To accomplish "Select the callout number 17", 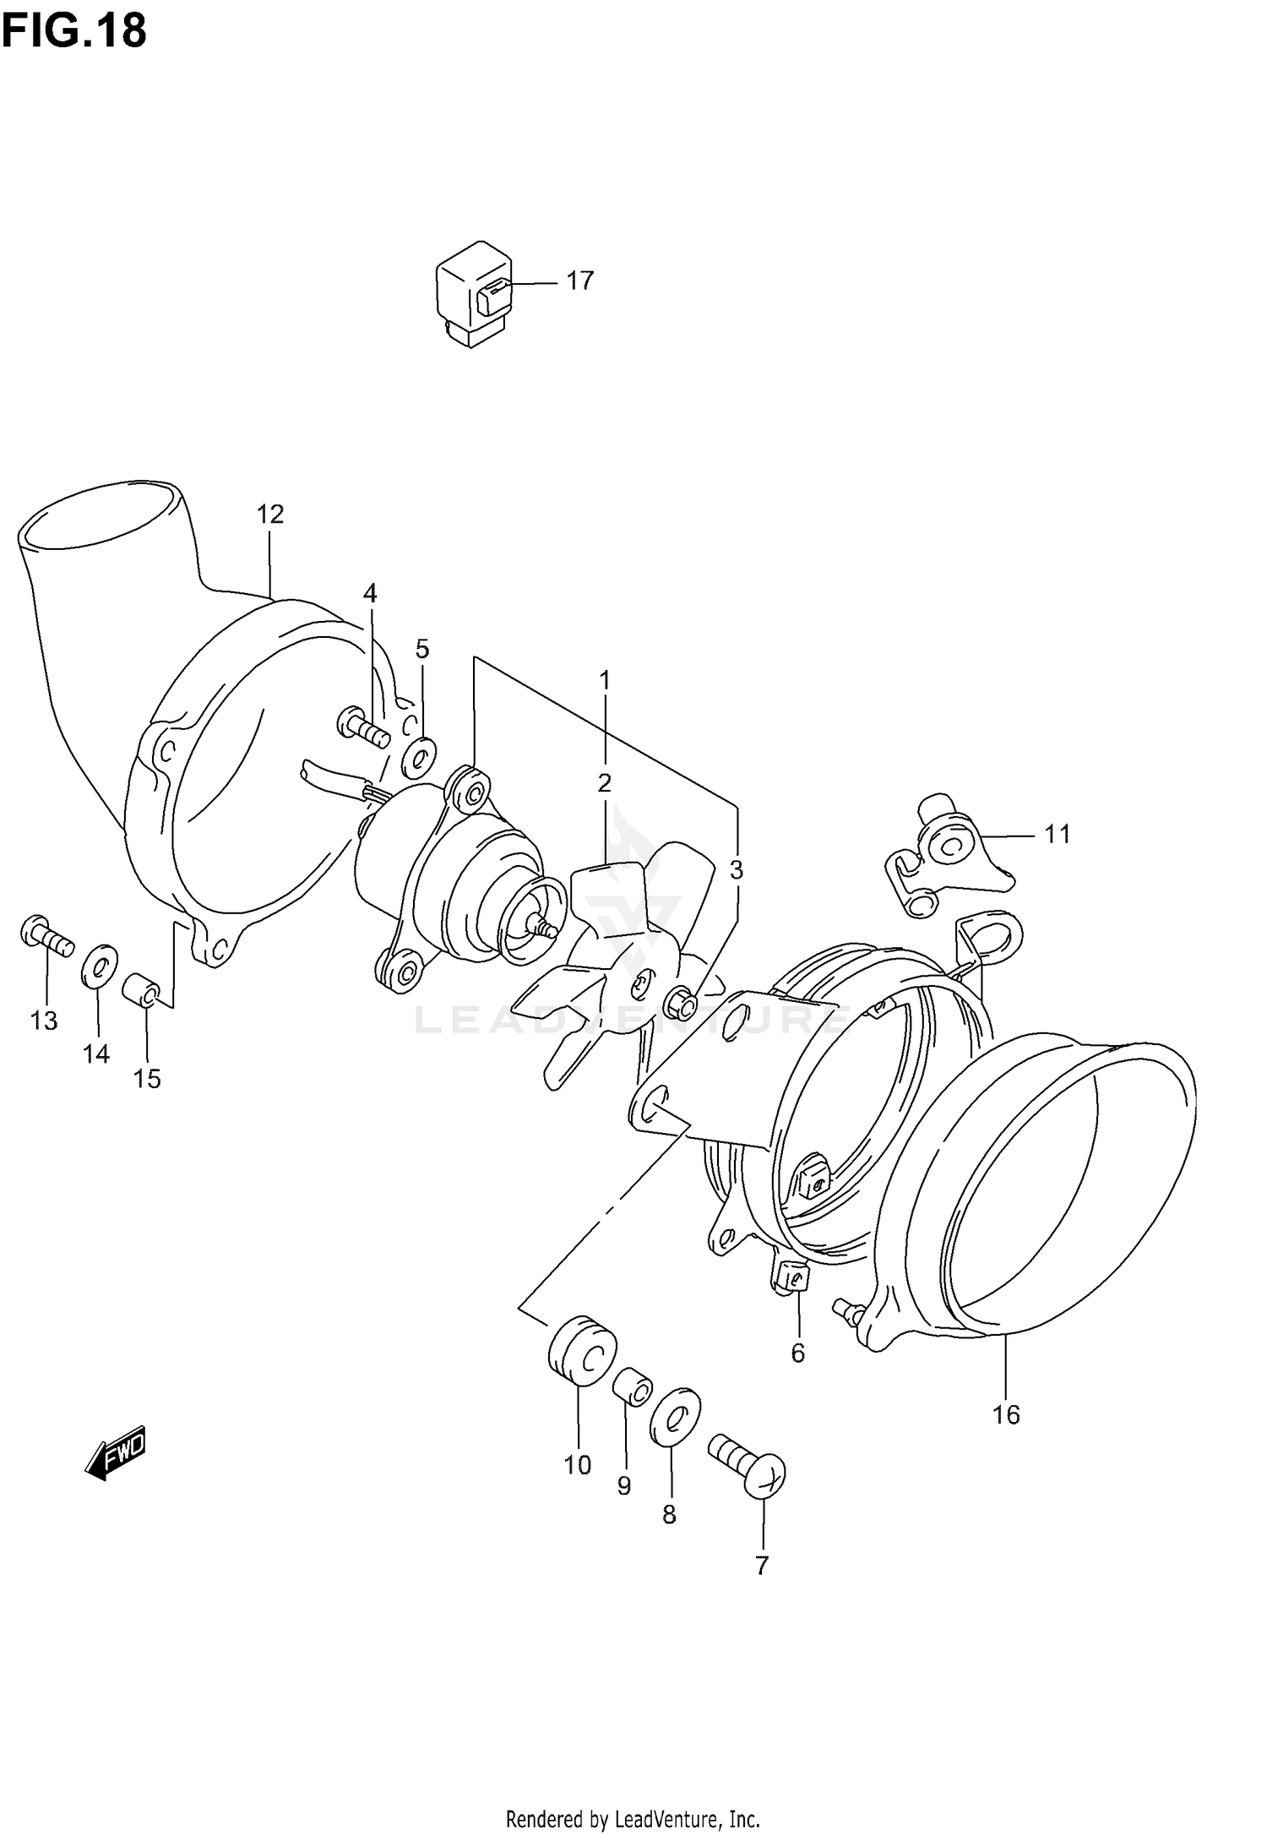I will tap(579, 280).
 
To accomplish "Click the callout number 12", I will tap(270, 514).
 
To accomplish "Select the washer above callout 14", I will tap(99, 966).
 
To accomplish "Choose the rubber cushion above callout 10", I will tap(582, 1352).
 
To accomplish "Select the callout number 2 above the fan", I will tap(604, 783).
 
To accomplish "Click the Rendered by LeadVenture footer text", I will tap(633, 1811).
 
